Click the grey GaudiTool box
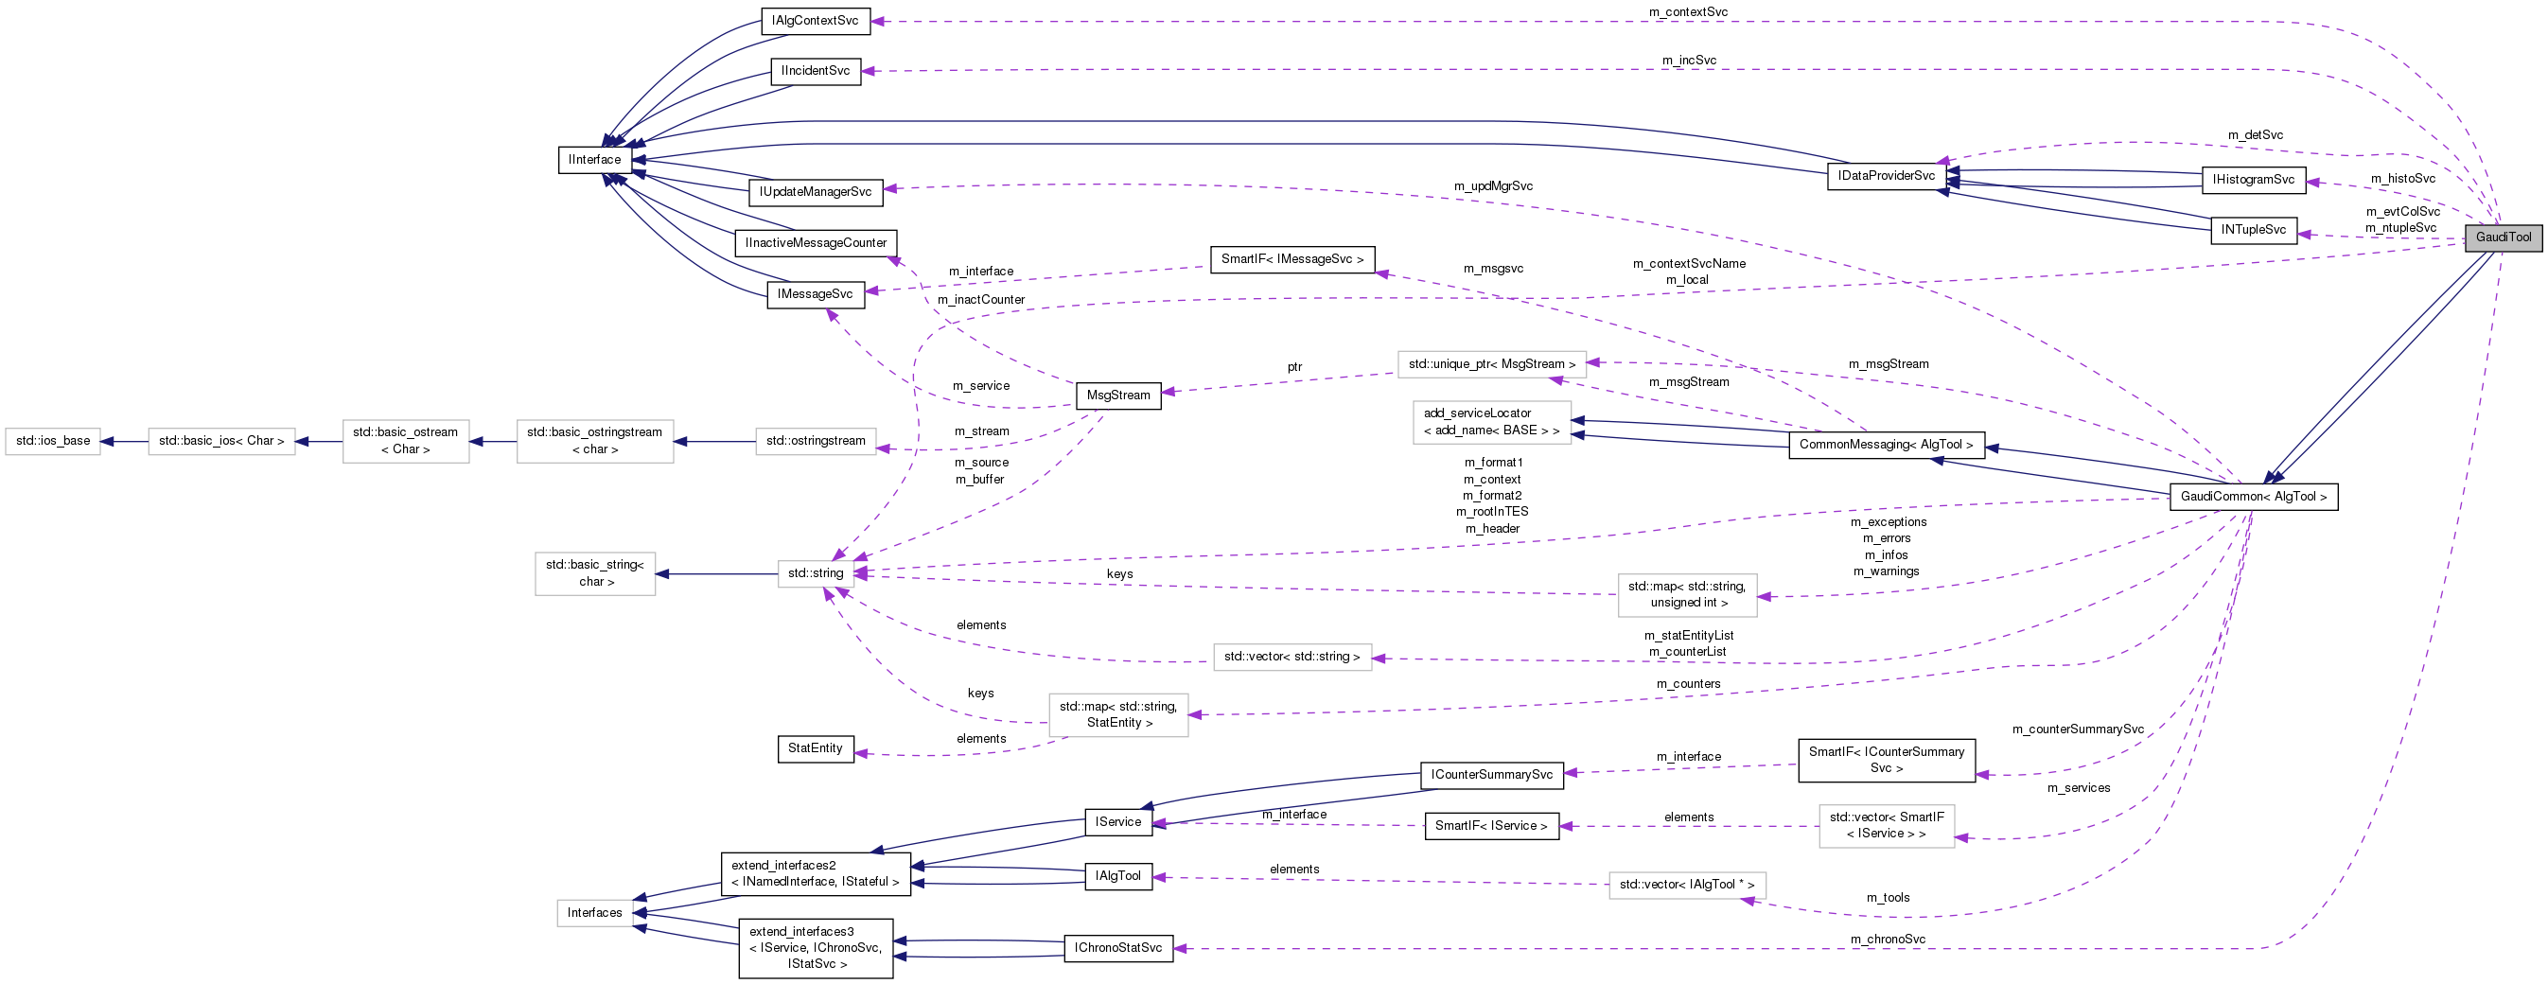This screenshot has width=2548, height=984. coord(2503,237)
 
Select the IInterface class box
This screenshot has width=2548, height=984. coord(594,160)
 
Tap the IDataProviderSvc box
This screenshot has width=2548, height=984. coord(1887,176)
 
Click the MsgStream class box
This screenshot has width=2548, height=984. coord(1117,395)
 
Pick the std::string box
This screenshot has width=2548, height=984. coord(815,573)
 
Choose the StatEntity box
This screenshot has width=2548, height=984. coord(815,748)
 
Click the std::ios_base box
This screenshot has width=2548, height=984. coord(52,441)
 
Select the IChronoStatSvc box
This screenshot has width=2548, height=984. coord(1117,948)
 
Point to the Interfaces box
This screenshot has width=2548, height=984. coord(594,913)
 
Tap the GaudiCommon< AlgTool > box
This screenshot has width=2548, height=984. coord(2253,497)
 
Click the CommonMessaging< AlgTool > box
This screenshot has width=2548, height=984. coord(1886,445)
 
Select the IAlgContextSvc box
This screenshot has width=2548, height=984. coord(815,21)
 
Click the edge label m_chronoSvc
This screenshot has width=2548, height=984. coord(1888,940)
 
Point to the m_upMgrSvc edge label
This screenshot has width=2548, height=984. coord(1493,186)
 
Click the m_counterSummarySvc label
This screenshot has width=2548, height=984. coord(2077,729)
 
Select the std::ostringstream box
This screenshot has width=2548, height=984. coord(815,441)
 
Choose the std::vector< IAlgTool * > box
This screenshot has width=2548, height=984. coord(1686,885)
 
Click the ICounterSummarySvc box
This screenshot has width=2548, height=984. coord(1491,774)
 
